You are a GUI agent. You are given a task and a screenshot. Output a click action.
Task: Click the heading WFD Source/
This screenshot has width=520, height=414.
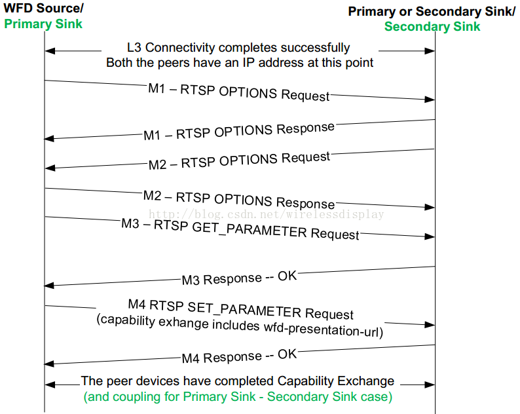[43, 8]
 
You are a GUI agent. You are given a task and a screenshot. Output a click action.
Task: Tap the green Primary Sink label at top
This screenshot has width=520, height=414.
[43, 24]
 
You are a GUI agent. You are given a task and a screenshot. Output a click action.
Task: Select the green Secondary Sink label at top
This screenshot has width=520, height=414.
[432, 27]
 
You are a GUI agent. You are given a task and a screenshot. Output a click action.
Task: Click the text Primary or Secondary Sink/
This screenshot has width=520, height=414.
[432, 11]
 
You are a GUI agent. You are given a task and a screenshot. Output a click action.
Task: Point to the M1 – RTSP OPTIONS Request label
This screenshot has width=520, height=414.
[239, 92]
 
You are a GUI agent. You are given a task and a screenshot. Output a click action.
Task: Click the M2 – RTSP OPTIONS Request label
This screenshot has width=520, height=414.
[239, 160]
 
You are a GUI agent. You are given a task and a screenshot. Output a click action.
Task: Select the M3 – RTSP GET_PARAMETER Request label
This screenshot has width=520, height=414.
[240, 229]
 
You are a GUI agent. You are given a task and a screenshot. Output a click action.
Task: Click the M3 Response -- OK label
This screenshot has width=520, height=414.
[239, 278]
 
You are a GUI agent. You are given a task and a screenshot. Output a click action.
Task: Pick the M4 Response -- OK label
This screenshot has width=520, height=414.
[239, 356]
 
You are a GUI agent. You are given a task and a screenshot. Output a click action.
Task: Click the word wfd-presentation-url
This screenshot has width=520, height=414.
[324, 329]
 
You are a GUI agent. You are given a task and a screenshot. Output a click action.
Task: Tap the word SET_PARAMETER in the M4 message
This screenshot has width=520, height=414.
[244, 309]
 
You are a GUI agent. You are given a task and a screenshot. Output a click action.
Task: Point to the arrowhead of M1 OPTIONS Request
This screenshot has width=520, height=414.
[430, 99]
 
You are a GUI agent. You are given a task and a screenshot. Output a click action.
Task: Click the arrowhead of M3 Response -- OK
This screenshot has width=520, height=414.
[49, 286]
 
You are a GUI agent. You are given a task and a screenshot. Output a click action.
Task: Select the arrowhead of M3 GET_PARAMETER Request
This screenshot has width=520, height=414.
[430, 236]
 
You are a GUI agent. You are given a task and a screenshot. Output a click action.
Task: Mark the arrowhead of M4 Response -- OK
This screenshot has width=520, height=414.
[49, 364]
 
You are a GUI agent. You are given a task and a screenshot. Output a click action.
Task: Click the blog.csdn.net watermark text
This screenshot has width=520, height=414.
[267, 214]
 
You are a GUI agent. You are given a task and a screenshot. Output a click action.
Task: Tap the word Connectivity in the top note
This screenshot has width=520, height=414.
[180, 48]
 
